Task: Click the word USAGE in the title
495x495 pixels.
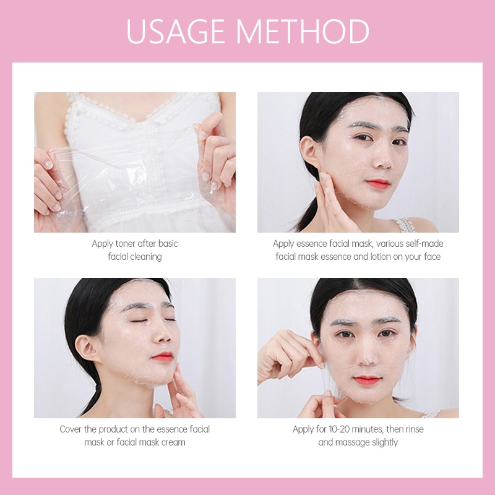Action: (x=175, y=32)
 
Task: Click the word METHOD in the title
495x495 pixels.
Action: (x=303, y=32)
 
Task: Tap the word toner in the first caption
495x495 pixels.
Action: (x=126, y=244)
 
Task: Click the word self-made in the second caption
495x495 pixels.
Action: (x=424, y=244)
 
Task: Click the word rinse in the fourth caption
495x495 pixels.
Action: (x=415, y=429)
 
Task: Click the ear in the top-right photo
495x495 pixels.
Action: (x=309, y=152)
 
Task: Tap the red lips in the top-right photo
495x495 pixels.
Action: (x=377, y=183)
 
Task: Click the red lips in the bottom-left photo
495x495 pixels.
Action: (x=163, y=356)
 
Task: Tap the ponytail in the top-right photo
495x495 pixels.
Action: (x=307, y=202)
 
